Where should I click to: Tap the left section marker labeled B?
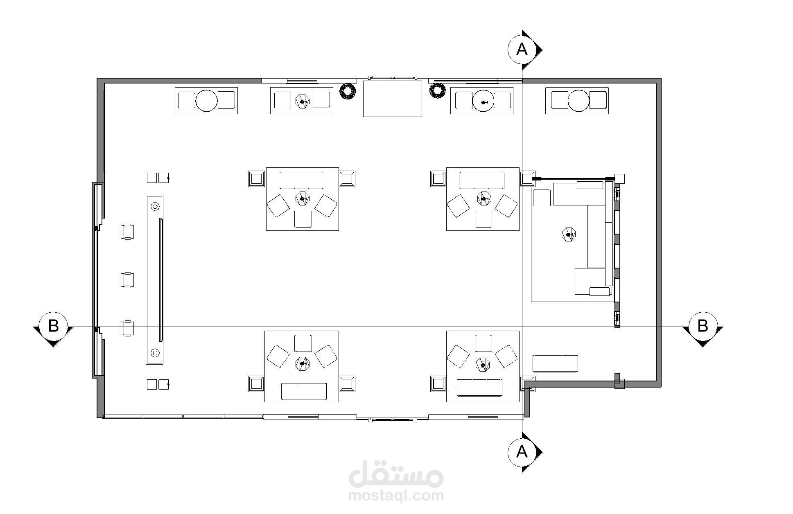pos(53,327)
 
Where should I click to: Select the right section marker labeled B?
pos(703,327)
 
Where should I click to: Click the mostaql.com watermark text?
pos(396,496)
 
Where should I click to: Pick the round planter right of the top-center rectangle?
pos(437,90)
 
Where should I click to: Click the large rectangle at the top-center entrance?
pos(393,99)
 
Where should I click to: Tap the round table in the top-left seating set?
pos(206,100)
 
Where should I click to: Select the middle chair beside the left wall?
pos(127,280)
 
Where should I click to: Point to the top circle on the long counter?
pos(155,207)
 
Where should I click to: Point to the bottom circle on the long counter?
pos(155,352)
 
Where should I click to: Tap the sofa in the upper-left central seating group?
pos(301,180)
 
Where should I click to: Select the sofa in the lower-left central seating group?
pos(304,391)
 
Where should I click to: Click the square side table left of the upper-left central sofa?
pos(257,179)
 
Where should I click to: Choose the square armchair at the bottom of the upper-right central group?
pos(483,219)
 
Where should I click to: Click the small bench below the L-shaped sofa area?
pos(555,364)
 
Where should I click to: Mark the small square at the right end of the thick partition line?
pos(620,178)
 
